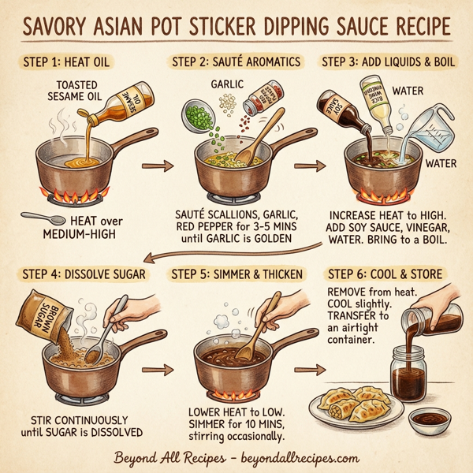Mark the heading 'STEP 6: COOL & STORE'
(x=384, y=274)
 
